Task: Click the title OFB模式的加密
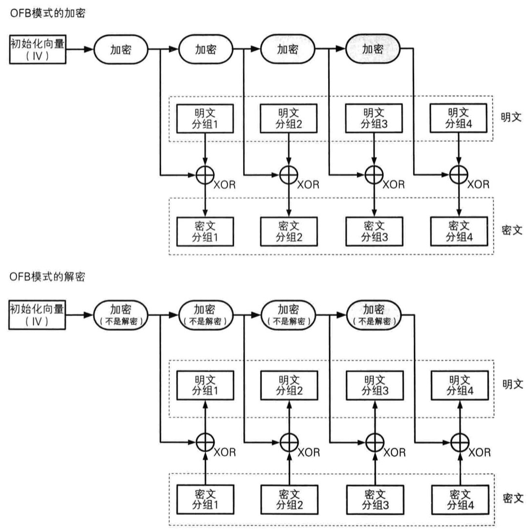(x=47, y=14)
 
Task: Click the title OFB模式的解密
(x=47, y=277)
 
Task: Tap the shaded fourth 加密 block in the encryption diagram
(x=373, y=49)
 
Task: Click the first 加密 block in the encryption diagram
(x=120, y=49)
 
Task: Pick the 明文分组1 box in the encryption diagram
(x=204, y=118)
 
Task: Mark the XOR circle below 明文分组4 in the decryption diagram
(x=459, y=442)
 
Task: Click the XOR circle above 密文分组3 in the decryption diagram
(x=374, y=442)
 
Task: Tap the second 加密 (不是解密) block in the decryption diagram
(x=205, y=314)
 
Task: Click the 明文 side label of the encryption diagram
(x=512, y=118)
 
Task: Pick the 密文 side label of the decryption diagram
(x=512, y=498)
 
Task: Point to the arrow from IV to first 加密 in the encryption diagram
(x=80, y=49)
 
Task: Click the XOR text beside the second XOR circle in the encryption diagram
(x=309, y=185)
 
